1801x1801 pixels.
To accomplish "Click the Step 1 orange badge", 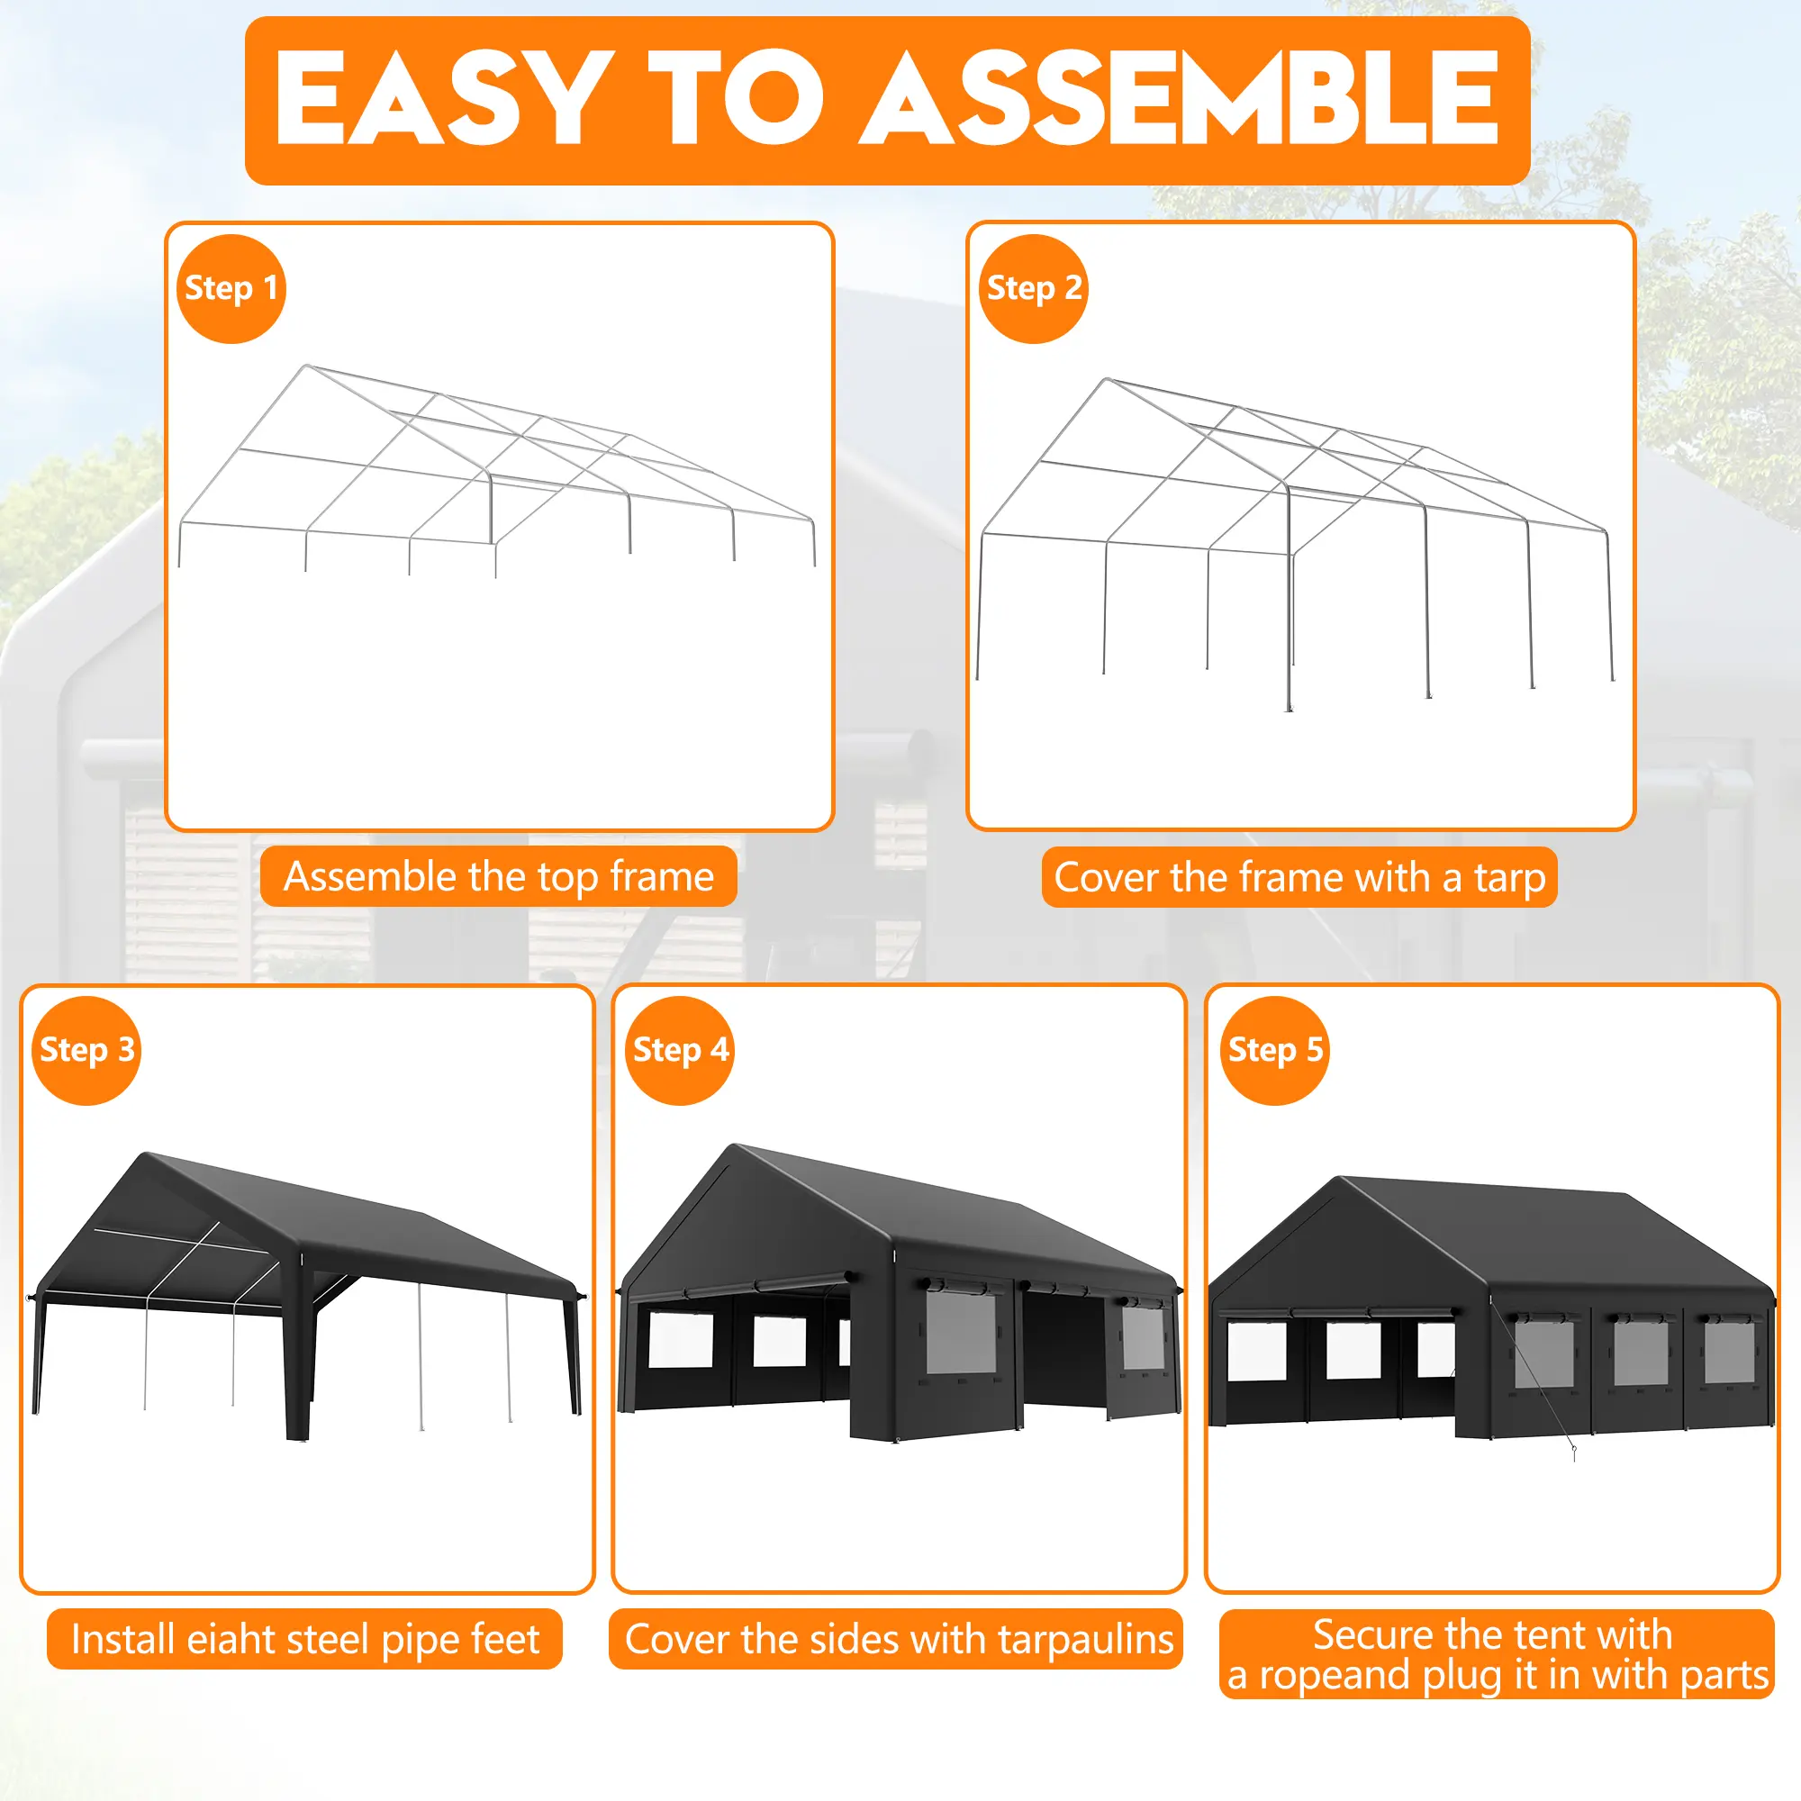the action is click(x=231, y=289).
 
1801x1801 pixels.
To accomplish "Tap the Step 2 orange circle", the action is click(x=1033, y=289).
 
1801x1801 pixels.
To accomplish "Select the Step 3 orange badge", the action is click(x=86, y=1051).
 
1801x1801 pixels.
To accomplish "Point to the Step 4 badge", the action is click(x=680, y=1051).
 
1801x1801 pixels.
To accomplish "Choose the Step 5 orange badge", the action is click(x=1274, y=1051).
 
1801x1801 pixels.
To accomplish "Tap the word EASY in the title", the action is click(x=443, y=98).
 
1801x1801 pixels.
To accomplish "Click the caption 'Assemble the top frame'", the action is click(x=499, y=877).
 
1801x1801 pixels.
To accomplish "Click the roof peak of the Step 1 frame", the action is click(x=307, y=367).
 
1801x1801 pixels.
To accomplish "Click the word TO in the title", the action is click(x=736, y=98).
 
